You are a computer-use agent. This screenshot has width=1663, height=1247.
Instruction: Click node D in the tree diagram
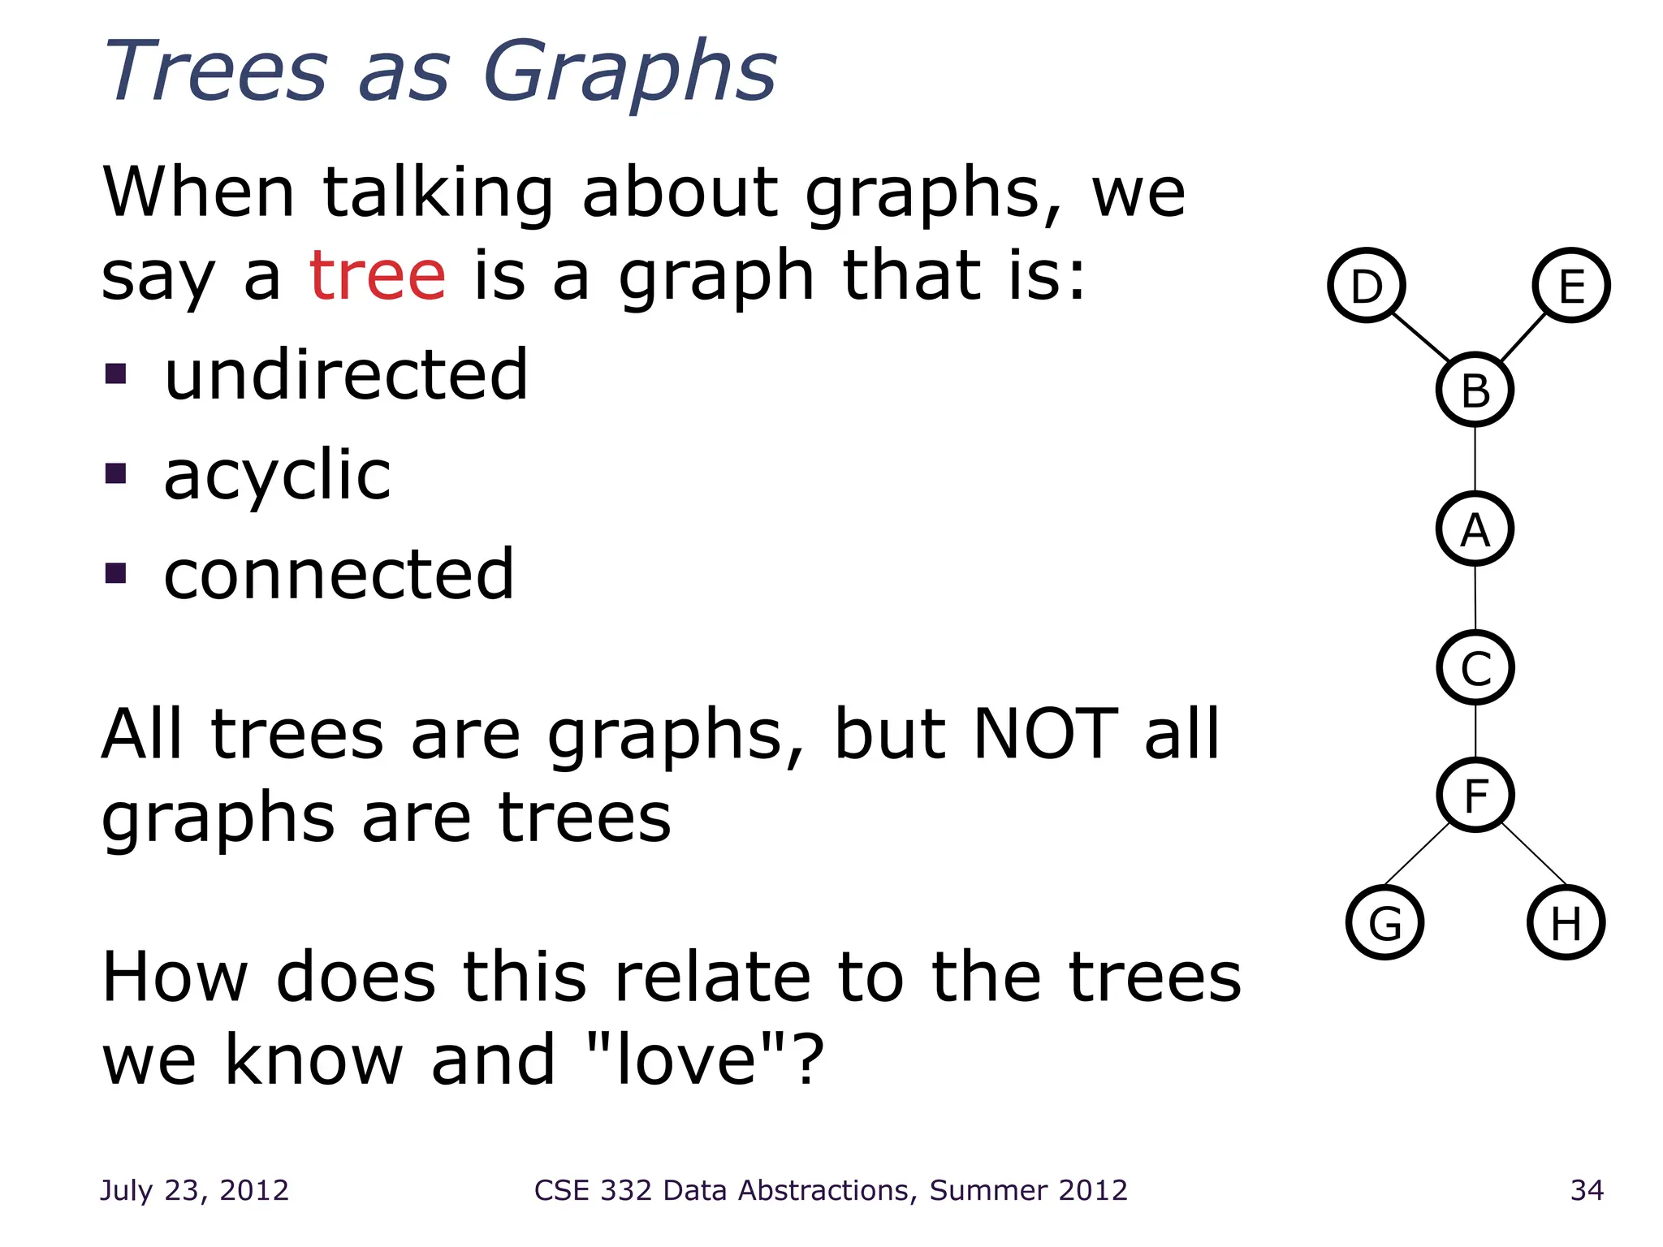(1367, 285)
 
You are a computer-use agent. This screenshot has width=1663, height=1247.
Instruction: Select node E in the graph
(1571, 285)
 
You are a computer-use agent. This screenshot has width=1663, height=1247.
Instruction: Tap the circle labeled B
(1475, 390)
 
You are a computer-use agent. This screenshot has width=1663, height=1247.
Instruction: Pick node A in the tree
(1475, 529)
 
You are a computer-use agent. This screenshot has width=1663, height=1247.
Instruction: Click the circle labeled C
(1475, 667)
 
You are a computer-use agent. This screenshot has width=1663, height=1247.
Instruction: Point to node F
(1475, 795)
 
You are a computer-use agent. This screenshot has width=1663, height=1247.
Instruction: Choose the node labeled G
(1384, 922)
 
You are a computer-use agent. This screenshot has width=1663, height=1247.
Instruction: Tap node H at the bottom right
(1566, 922)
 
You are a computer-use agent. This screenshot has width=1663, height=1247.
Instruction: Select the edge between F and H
(1533, 853)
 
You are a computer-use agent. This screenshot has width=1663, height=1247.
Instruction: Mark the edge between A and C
(1475, 598)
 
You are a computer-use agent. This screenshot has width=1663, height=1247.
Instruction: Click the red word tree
(378, 276)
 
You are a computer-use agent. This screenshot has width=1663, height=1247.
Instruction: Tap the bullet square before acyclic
(116, 473)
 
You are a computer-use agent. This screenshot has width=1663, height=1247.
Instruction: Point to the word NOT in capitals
(1045, 734)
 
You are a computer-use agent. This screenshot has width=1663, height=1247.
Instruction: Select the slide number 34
(1587, 1190)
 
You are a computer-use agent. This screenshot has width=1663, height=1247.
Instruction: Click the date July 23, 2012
(194, 1190)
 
